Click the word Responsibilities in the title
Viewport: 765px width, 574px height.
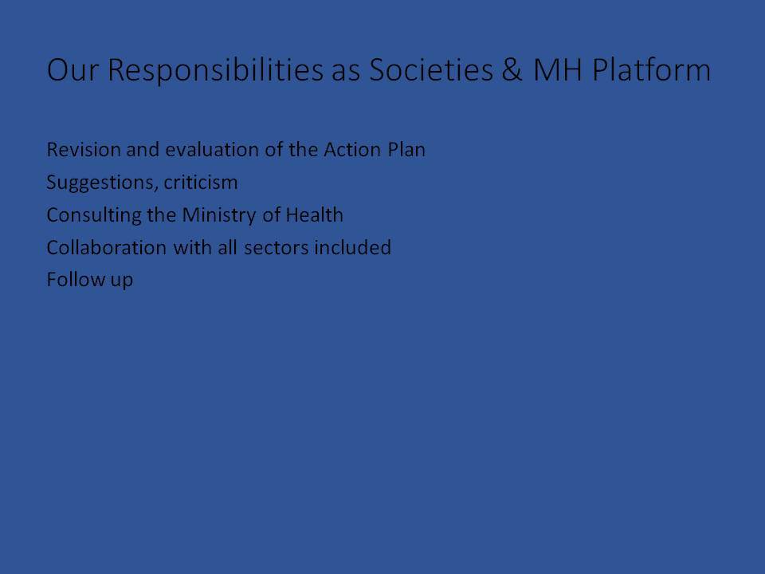[x=215, y=71]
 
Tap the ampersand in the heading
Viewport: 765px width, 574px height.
[x=512, y=69]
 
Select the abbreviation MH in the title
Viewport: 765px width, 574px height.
[x=558, y=69]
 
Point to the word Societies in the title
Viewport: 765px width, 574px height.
[x=431, y=69]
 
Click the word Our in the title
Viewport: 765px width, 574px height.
[x=73, y=69]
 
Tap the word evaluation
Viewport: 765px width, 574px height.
[x=212, y=149]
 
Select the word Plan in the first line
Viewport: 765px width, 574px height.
[x=406, y=149]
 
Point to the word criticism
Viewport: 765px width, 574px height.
[x=201, y=182]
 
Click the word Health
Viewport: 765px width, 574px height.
[x=314, y=214]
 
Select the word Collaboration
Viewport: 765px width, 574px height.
[x=107, y=247]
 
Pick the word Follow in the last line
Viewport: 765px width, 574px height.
[x=76, y=280]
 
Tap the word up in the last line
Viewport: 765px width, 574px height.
[x=121, y=281]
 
